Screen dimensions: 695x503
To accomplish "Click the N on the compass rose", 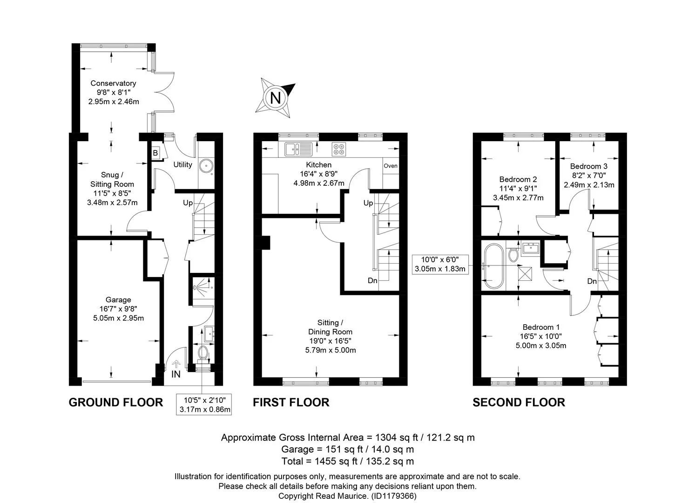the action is click(x=276, y=98).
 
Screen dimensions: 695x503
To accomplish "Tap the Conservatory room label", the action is click(x=113, y=83).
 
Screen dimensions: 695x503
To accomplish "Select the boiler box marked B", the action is click(x=155, y=153).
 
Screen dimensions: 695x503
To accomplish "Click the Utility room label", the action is click(x=182, y=164).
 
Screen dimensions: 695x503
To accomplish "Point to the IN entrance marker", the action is click(x=176, y=374).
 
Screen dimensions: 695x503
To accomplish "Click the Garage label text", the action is click(x=118, y=299).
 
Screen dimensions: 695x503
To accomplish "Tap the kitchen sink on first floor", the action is click(x=298, y=149).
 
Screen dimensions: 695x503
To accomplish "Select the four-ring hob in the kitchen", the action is click(x=339, y=149).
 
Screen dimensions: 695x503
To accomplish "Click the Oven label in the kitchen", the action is click(x=390, y=166).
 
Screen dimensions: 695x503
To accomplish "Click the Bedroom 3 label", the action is click(x=588, y=166).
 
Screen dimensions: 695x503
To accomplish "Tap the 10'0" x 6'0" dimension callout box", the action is click(x=440, y=264).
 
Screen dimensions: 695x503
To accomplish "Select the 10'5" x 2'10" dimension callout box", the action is click(x=204, y=405).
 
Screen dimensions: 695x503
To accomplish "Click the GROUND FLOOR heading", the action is click(x=116, y=402).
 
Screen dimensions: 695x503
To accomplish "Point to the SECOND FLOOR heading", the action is click(x=519, y=402).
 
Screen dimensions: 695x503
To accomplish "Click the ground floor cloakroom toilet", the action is click(x=203, y=353).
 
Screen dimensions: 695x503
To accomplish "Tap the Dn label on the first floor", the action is click(x=372, y=281).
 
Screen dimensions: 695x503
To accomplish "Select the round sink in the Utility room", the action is click(x=206, y=166).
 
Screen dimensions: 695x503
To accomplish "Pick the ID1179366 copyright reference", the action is click(x=394, y=496).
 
